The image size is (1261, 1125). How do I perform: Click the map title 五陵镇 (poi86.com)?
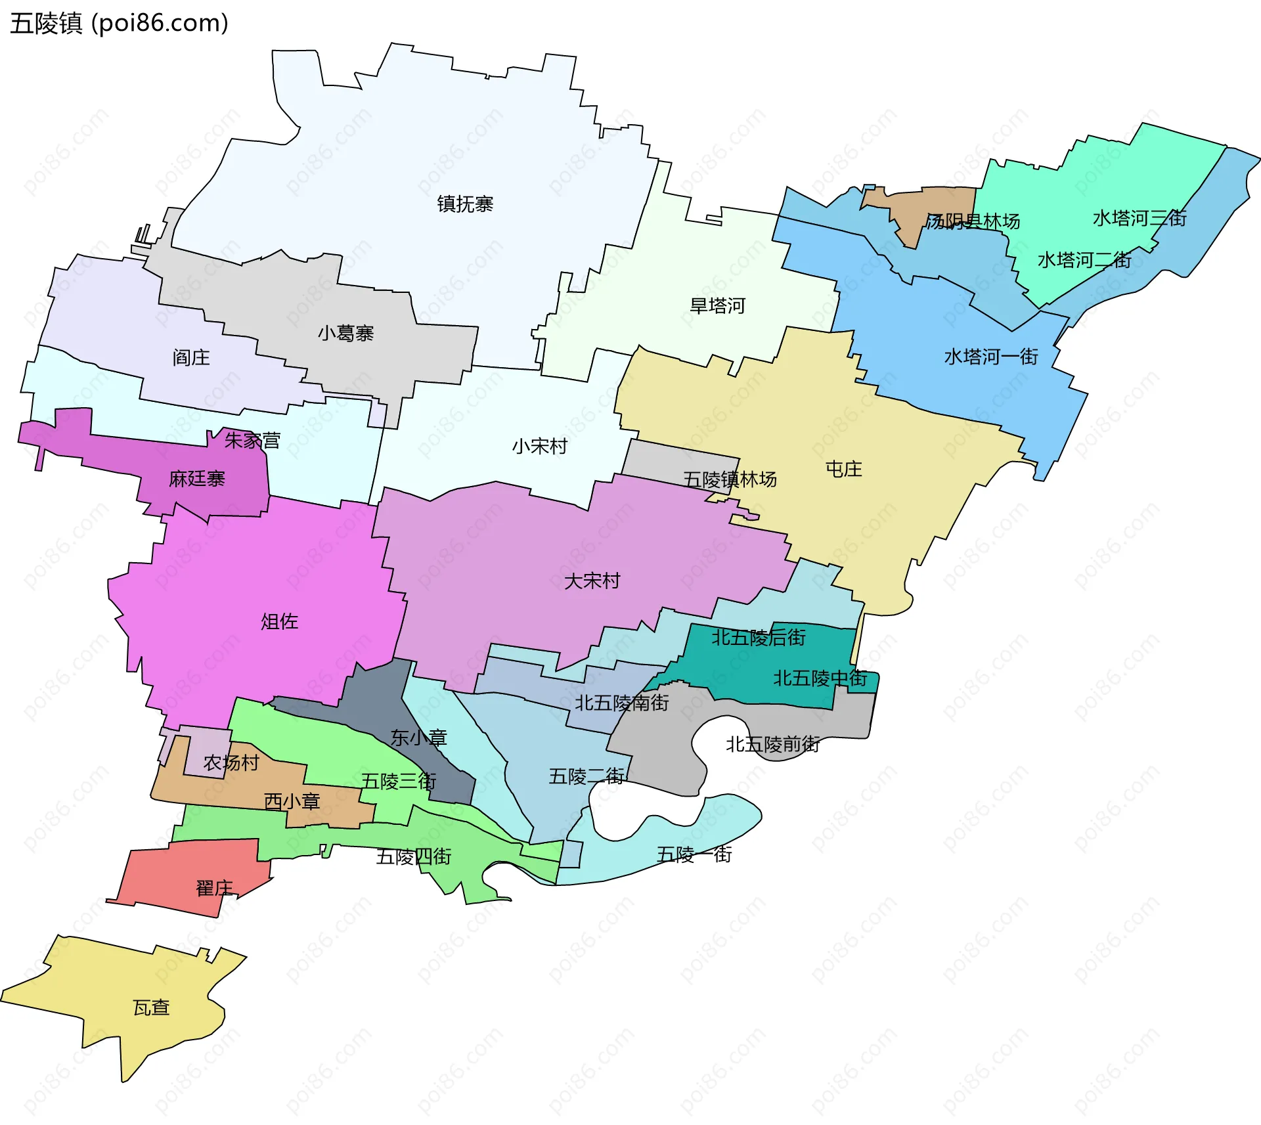pyautogui.click(x=119, y=23)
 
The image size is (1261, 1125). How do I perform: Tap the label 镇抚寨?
pyautogui.click(x=465, y=204)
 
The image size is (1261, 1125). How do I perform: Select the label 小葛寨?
pyautogui.click(x=345, y=334)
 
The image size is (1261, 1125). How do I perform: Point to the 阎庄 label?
pyautogui.click(x=191, y=358)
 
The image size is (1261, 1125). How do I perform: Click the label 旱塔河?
pyautogui.click(x=717, y=306)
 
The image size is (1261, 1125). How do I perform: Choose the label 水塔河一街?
pyautogui.click(x=990, y=357)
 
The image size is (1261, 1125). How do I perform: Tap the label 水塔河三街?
pyautogui.click(x=1139, y=218)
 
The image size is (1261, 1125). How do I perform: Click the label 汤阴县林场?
pyautogui.click(x=973, y=221)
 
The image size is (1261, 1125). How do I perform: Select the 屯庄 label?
pyautogui.click(x=843, y=470)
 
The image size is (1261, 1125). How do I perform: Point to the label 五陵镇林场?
pyautogui.click(x=730, y=479)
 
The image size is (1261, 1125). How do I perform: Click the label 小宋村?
pyautogui.click(x=540, y=447)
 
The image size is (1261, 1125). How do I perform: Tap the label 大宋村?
pyautogui.click(x=592, y=581)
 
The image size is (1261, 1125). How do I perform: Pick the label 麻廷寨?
pyautogui.click(x=196, y=479)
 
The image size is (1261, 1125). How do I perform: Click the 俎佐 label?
pyautogui.click(x=279, y=621)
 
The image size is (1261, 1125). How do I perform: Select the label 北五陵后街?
pyautogui.click(x=759, y=638)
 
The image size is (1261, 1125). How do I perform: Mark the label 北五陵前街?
pyautogui.click(x=772, y=745)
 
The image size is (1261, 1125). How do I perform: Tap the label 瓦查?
pyautogui.click(x=151, y=1008)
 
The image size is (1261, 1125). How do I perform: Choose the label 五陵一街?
pyautogui.click(x=694, y=854)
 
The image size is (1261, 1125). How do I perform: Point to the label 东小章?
pyautogui.click(x=418, y=738)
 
